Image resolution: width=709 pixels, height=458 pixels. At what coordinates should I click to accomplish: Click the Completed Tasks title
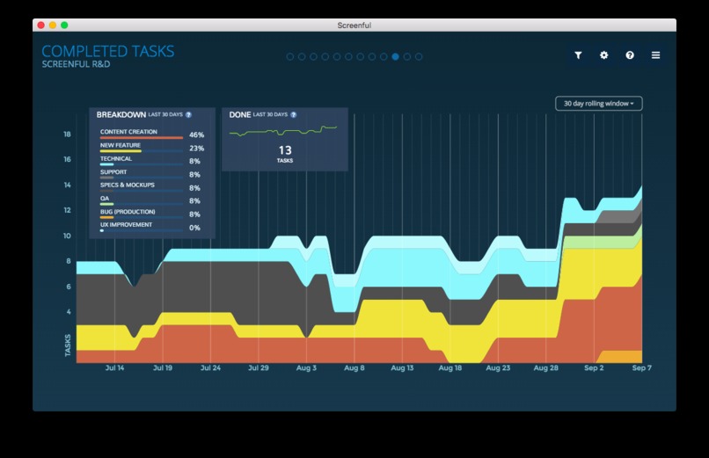click(x=108, y=52)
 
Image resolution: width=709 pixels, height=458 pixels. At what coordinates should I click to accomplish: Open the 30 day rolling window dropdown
click(x=599, y=104)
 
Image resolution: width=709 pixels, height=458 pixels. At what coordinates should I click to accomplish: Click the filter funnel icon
click(x=578, y=55)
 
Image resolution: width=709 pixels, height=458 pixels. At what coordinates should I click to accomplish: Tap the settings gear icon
click(x=603, y=55)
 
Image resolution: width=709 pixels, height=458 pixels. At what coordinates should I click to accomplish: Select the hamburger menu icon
click(x=655, y=55)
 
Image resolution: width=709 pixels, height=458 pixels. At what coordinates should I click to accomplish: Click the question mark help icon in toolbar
click(x=630, y=55)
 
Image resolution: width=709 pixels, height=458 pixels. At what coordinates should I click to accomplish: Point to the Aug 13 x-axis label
click(x=401, y=368)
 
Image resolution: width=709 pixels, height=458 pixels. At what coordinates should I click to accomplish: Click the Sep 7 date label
click(x=641, y=368)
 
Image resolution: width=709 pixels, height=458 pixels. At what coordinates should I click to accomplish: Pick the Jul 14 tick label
click(x=114, y=368)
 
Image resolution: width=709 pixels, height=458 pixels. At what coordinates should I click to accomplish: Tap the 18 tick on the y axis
click(x=67, y=134)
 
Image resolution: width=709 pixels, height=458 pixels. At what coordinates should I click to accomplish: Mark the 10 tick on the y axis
click(x=67, y=236)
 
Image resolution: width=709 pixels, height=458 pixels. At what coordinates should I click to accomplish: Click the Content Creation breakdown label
click(x=128, y=132)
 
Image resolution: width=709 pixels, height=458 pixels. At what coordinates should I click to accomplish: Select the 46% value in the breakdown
click(x=196, y=135)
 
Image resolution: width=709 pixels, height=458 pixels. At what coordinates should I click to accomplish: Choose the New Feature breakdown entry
click(x=121, y=146)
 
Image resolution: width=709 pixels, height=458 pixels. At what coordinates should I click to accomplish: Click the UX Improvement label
click(x=126, y=225)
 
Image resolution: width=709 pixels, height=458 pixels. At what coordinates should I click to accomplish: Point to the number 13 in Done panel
click(x=285, y=150)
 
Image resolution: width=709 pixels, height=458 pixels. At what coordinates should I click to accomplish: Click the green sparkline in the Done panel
click(x=283, y=131)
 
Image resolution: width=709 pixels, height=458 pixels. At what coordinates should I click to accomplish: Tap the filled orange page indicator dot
click(x=395, y=56)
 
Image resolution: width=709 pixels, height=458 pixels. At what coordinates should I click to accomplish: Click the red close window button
click(x=40, y=25)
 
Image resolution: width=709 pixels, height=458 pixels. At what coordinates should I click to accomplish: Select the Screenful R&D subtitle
click(x=76, y=64)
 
